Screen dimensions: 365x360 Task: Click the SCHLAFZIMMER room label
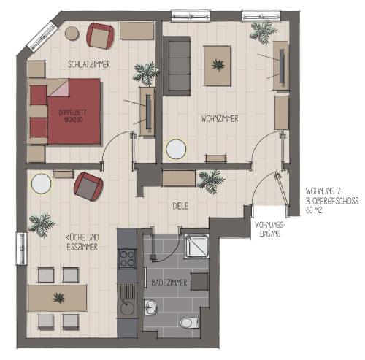(89, 64)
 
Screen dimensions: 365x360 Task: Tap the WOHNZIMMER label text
(220, 119)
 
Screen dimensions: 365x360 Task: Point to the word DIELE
(180, 206)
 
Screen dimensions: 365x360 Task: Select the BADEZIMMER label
(169, 283)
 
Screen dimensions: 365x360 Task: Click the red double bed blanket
(74, 112)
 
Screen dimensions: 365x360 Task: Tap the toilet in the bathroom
(189, 323)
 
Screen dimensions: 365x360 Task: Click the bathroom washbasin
(150, 307)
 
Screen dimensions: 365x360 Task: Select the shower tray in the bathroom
(197, 246)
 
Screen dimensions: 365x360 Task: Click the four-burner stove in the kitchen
(127, 258)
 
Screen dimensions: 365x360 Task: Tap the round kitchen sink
(127, 308)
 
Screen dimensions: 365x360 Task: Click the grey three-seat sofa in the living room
(177, 66)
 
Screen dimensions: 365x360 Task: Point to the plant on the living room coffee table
(218, 65)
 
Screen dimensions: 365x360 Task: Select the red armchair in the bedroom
(100, 36)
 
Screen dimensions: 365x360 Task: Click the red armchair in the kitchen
(88, 186)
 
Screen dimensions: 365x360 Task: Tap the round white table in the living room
(176, 149)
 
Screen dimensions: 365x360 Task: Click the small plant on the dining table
(58, 298)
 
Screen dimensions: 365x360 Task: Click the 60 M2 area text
(314, 210)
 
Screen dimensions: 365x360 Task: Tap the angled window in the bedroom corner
(42, 37)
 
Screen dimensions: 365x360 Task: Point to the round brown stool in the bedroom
(72, 33)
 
